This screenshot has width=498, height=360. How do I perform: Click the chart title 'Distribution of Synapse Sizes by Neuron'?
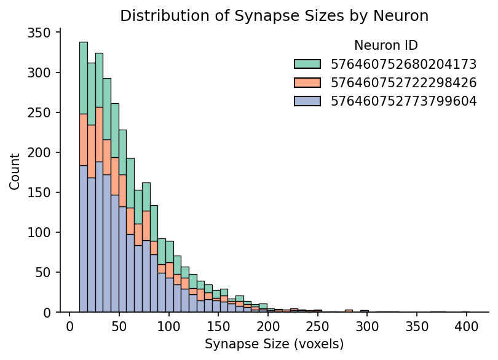coord(274,15)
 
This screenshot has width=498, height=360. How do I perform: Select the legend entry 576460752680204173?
coord(403,64)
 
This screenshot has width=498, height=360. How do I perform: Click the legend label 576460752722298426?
coord(403,82)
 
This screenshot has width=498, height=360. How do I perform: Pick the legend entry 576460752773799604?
coord(403,101)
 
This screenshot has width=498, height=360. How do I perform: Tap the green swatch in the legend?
coord(307,64)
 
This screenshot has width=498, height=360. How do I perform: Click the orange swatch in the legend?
coord(307,82)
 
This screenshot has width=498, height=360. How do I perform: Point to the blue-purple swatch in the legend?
coord(307,101)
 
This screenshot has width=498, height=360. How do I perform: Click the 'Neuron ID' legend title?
coord(386,45)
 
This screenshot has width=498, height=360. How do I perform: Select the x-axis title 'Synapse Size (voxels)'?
coord(274,344)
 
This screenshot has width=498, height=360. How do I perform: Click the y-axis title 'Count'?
coord(15,171)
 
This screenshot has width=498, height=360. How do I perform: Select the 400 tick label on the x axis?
coord(466,326)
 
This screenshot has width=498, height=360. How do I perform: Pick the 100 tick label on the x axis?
coord(169,326)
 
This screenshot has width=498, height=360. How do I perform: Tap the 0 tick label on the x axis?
coord(70,326)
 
